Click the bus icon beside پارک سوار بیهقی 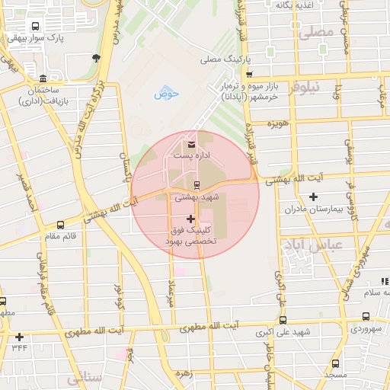(x=37, y=25)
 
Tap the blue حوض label (x=166, y=94)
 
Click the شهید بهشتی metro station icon (x=197, y=185)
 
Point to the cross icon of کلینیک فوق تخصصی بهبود (x=190, y=219)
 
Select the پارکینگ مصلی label (x=222, y=59)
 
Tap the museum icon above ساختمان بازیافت (x=42, y=79)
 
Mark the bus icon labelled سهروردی (x=366, y=317)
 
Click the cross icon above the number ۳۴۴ (x=19, y=337)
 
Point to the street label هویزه (x=276, y=123)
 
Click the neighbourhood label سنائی (x=84, y=379)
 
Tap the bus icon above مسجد (x=335, y=364)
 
